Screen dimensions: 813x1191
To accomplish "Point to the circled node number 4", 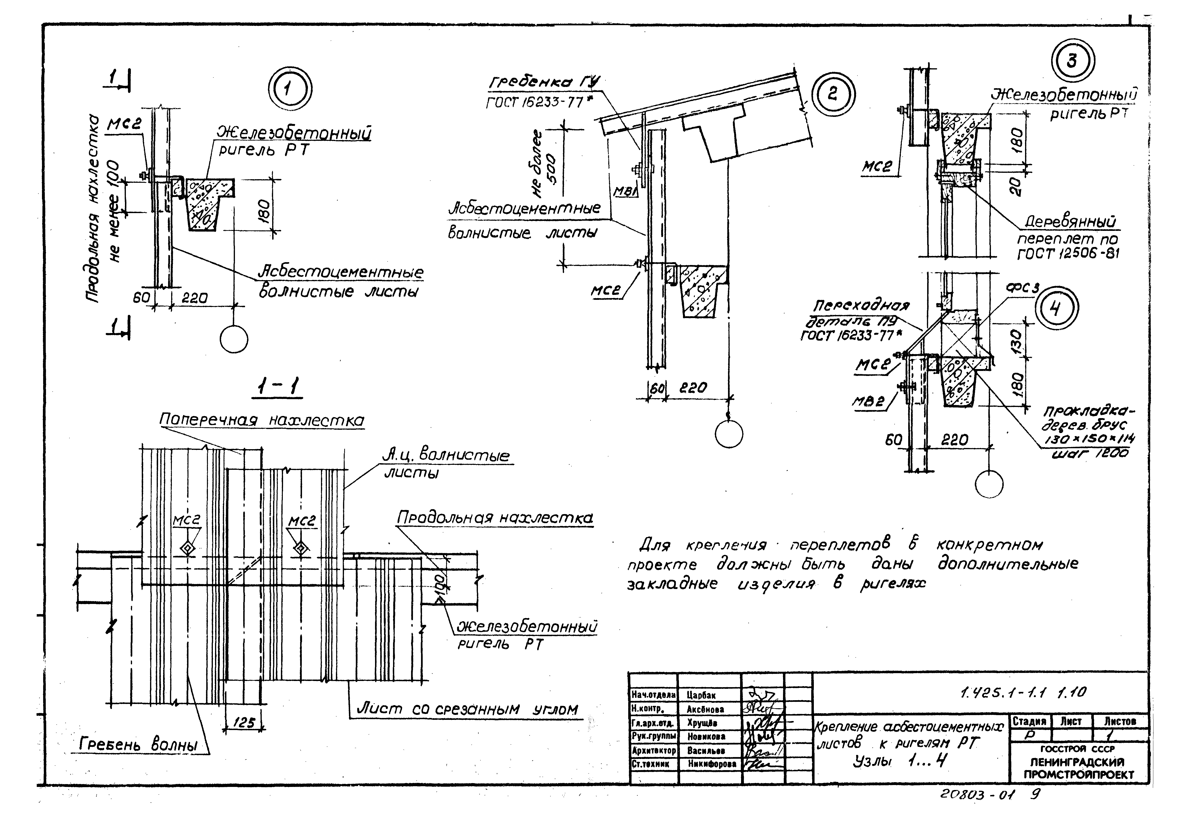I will click(x=1056, y=308).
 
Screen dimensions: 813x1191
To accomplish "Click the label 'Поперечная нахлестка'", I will click(x=261, y=420).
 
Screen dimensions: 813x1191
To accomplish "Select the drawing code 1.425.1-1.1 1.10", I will click(x=1022, y=693).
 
